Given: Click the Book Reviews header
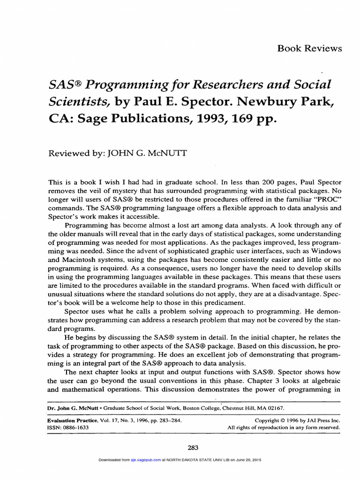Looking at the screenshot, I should [310, 48].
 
